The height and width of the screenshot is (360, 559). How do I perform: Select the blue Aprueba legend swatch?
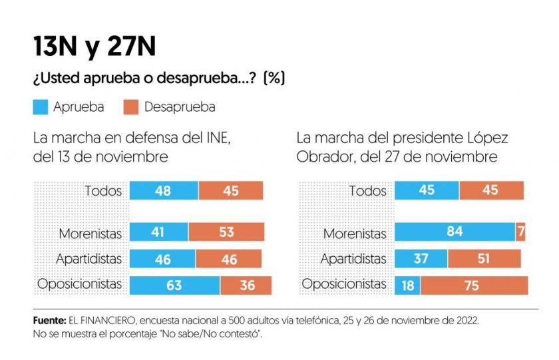click(44, 106)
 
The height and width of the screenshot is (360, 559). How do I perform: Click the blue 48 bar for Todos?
click(164, 191)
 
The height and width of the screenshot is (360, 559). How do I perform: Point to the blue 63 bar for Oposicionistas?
click(174, 285)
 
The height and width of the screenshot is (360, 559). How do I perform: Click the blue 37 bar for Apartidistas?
click(421, 259)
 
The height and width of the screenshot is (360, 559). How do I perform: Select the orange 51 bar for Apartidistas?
click(484, 259)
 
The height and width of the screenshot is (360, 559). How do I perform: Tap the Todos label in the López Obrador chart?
click(367, 191)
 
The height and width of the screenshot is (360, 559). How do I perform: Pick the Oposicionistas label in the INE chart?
click(80, 284)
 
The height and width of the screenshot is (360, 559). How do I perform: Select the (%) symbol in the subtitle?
click(274, 78)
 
